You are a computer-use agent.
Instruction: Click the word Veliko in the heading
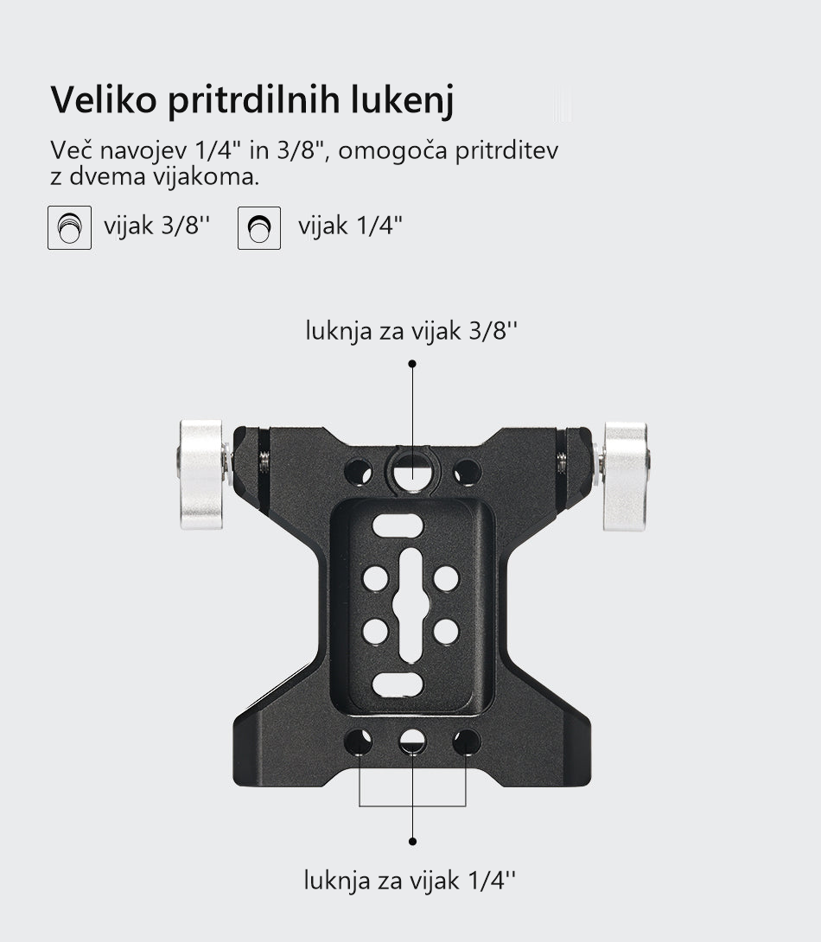[104, 99]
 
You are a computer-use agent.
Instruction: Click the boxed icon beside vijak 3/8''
[70, 227]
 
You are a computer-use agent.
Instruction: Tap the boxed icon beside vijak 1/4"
[259, 227]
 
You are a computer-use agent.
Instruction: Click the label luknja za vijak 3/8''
[411, 330]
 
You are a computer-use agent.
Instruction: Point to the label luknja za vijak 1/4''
[410, 880]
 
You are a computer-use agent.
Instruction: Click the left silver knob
[202, 474]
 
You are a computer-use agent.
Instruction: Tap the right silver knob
[625, 476]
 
